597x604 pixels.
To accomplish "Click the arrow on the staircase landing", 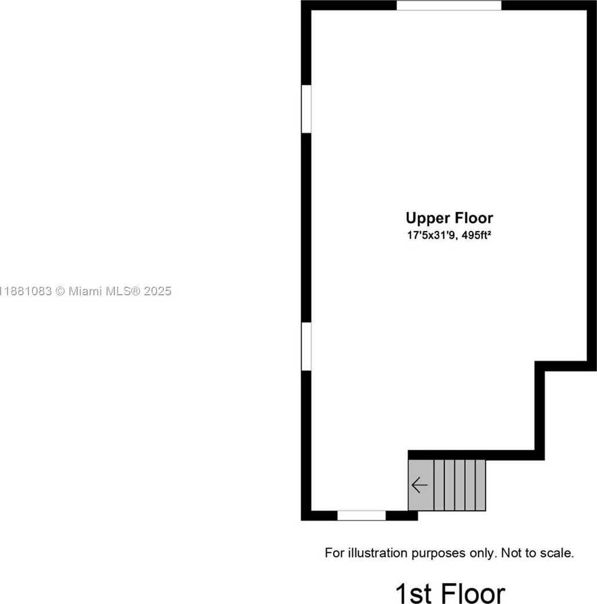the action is [419, 485].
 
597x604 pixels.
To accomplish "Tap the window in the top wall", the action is [449, 5].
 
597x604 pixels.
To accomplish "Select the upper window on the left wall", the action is [306, 109].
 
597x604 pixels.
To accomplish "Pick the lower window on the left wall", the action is [306, 346].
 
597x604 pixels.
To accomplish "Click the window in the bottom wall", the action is [361, 515].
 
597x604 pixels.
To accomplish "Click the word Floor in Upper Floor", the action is [474, 218].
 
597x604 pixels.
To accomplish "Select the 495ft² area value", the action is [476, 235].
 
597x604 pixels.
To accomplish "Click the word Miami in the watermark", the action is [85, 291].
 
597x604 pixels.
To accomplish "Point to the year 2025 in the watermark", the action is [158, 291].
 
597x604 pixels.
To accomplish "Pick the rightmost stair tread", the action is [481, 485].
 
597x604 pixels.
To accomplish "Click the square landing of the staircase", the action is [421, 485].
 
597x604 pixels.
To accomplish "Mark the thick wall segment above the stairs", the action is [476, 455].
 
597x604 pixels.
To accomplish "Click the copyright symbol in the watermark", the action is [60, 291].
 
